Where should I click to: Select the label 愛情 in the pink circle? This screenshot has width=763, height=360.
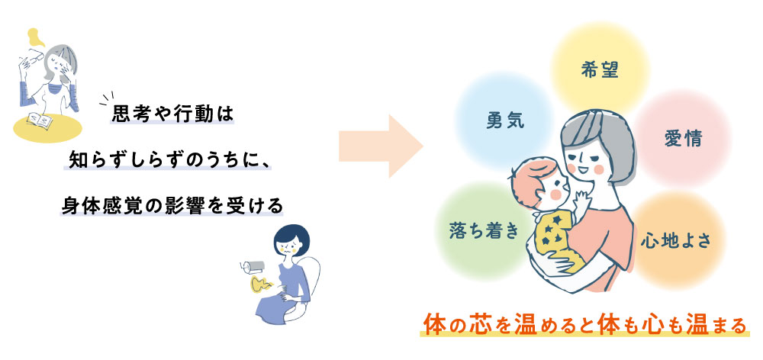(682, 139)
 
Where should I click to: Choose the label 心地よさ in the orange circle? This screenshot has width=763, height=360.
(676, 240)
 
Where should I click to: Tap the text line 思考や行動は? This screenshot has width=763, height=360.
(170, 114)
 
